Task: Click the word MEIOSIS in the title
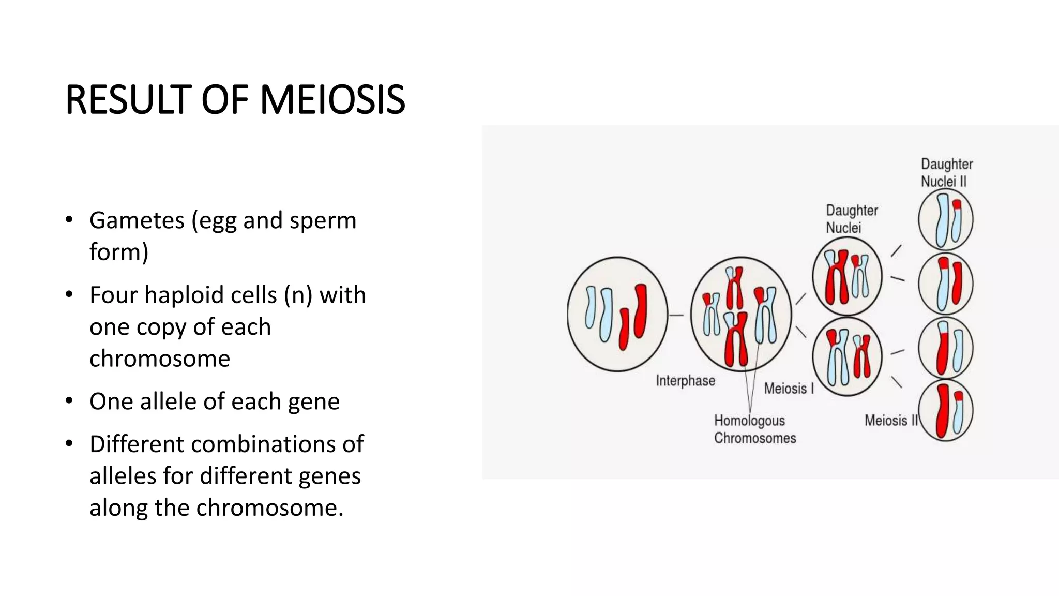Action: coord(332,100)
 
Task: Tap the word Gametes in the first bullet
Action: coord(137,220)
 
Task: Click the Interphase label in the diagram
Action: coord(685,381)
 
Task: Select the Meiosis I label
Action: coord(789,389)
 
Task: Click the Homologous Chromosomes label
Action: coord(754,429)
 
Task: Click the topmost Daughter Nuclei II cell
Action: coord(945,220)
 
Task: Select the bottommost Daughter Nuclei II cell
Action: coord(945,411)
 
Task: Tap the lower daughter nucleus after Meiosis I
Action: coord(846,356)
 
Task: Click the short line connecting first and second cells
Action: coord(676,315)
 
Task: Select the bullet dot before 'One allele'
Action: coord(69,401)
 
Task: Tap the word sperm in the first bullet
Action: coord(323,220)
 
